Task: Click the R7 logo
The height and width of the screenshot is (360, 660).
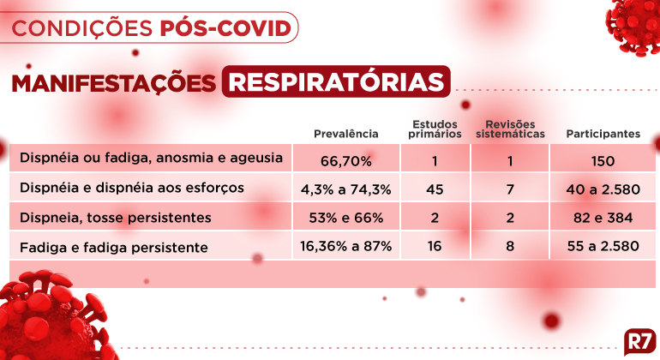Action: [x=640, y=341]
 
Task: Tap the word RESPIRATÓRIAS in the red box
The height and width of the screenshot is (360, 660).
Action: [x=336, y=81]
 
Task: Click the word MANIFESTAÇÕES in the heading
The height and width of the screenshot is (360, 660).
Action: [x=114, y=83]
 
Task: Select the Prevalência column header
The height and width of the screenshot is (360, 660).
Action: [x=346, y=134]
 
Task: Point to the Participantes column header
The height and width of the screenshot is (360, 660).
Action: [x=603, y=134]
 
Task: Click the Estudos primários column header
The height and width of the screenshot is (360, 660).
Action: [x=435, y=129]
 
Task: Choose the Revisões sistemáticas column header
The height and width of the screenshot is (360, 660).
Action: [x=510, y=129]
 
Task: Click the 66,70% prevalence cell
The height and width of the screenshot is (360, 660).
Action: [x=346, y=161]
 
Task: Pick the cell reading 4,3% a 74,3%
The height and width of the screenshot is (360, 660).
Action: [x=346, y=189]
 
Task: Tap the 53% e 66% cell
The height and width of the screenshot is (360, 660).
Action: [x=346, y=218]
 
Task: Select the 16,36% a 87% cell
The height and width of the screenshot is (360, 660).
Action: [x=346, y=246]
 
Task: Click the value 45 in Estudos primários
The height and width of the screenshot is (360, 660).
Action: [x=435, y=189]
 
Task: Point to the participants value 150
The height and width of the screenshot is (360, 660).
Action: [x=603, y=161]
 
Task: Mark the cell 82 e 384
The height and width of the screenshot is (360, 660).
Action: [x=603, y=218]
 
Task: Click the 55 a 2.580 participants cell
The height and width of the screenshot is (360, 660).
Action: [x=603, y=246]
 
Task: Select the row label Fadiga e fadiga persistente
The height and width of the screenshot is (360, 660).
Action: [x=114, y=247]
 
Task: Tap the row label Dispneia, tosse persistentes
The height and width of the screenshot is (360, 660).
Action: [x=116, y=218]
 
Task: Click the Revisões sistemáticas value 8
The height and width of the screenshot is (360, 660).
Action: [x=510, y=246]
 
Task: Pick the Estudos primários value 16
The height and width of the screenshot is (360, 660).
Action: [x=435, y=246]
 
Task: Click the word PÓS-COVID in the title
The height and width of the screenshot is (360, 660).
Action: [x=225, y=27]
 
